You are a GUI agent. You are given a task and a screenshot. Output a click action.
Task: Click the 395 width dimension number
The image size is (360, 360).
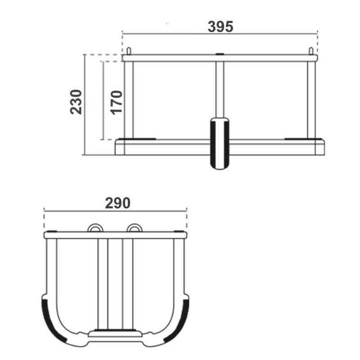click(220, 27)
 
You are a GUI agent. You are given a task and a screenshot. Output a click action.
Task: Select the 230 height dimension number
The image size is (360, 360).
click(76, 102)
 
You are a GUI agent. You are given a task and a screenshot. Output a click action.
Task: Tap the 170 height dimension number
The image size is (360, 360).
click(117, 102)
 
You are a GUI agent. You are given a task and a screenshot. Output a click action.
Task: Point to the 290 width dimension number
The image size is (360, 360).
click(117, 203)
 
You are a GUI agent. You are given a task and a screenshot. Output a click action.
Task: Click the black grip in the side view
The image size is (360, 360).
click(220, 143)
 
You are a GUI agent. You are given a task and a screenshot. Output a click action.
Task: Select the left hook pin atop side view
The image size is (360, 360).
click(128, 50)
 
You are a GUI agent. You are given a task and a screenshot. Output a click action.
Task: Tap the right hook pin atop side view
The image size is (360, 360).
click(310, 50)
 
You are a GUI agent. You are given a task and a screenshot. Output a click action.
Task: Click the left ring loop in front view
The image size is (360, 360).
click(95, 228)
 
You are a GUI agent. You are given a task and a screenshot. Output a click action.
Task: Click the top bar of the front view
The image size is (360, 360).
click(115, 235)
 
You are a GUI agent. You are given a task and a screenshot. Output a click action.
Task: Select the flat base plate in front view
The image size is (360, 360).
click(115, 334)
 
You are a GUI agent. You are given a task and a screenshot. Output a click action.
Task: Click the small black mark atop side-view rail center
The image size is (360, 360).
click(220, 54)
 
